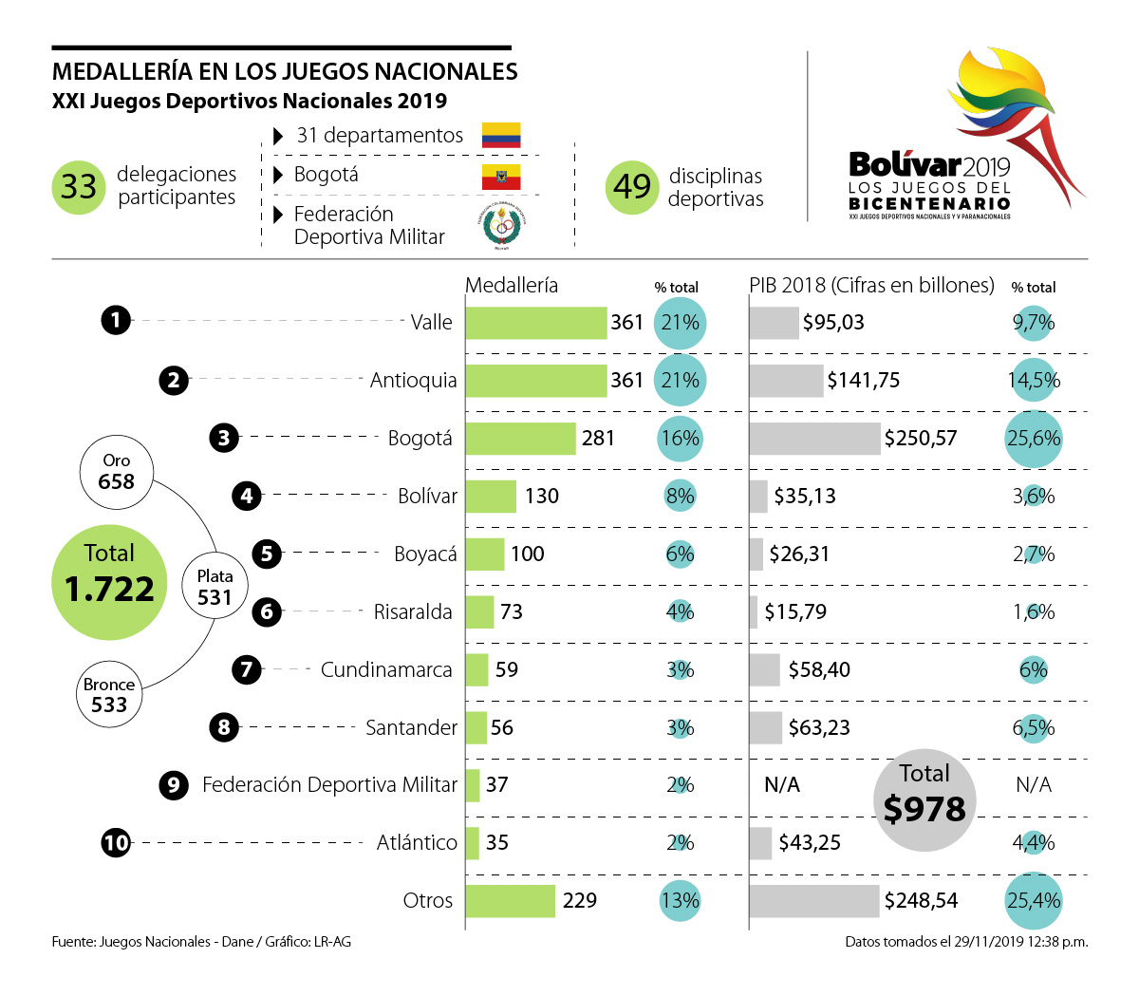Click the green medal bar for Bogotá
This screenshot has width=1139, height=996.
point(520,438)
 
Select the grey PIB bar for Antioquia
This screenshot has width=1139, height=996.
point(786,380)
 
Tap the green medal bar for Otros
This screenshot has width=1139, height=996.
point(510,900)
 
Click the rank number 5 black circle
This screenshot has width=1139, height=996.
point(268,554)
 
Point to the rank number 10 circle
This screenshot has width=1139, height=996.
point(116,842)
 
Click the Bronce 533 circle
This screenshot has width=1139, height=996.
point(109,694)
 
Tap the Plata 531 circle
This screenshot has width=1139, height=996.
point(215,587)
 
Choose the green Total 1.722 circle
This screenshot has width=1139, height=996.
point(109,581)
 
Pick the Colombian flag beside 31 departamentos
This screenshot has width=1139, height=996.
point(501,135)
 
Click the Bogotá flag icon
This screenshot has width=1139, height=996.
point(501,177)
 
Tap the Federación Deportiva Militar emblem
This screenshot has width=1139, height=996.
point(501,226)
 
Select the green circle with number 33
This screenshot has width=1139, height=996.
point(78,187)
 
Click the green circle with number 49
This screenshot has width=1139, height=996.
point(631,187)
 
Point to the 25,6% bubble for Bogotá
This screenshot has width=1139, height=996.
point(1033,438)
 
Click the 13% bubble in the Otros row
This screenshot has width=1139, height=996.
point(681,900)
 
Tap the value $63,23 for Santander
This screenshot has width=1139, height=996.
point(818,727)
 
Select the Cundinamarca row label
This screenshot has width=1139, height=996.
point(386,669)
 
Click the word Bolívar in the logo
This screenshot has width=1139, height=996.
point(904,164)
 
